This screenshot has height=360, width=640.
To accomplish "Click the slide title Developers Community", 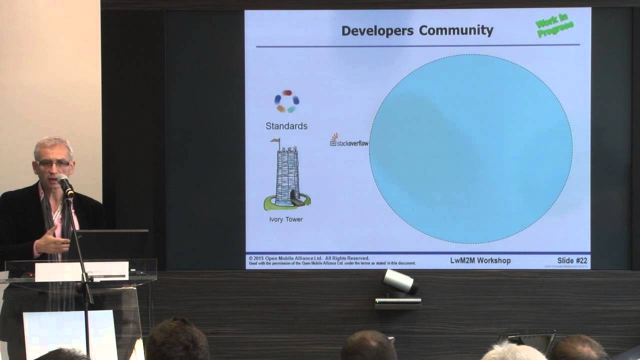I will point(417,30).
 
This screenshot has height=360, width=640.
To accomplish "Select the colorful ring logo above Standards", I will point(286,101).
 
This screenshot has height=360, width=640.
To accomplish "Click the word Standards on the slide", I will point(286,126).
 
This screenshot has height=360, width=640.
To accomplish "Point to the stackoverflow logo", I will point(349,141).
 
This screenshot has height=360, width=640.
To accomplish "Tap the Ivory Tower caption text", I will point(285,219).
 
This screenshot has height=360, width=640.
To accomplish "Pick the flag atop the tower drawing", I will point(275,141).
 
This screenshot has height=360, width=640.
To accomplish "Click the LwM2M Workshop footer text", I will point(480,260).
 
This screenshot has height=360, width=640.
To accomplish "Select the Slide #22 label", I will point(572,260).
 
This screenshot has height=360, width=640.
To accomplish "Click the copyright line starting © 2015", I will point(309,258).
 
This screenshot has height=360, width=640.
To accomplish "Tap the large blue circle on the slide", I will point(470,148).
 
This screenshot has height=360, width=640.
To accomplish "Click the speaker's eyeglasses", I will point(53,163).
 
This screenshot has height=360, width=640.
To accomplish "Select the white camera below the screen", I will point(399,282).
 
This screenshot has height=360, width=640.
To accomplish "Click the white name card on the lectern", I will point(81,271).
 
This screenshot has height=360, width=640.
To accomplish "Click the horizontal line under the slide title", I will point(417,45).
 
